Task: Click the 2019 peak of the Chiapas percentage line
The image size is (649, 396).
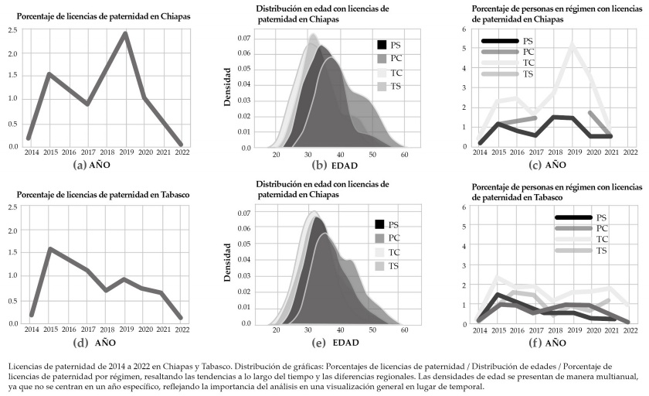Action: pyautogui.click(x=125, y=33)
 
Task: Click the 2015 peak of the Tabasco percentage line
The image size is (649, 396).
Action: pyautogui.click(x=49, y=249)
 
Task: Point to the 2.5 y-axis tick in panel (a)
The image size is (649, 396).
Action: pyautogui.click(x=14, y=29)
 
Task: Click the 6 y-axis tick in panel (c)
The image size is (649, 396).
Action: pyautogui.click(x=464, y=29)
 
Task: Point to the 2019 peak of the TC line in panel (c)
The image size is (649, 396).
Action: pyautogui.click(x=572, y=46)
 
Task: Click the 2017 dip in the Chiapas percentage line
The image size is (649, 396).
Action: pyautogui.click(x=87, y=104)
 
